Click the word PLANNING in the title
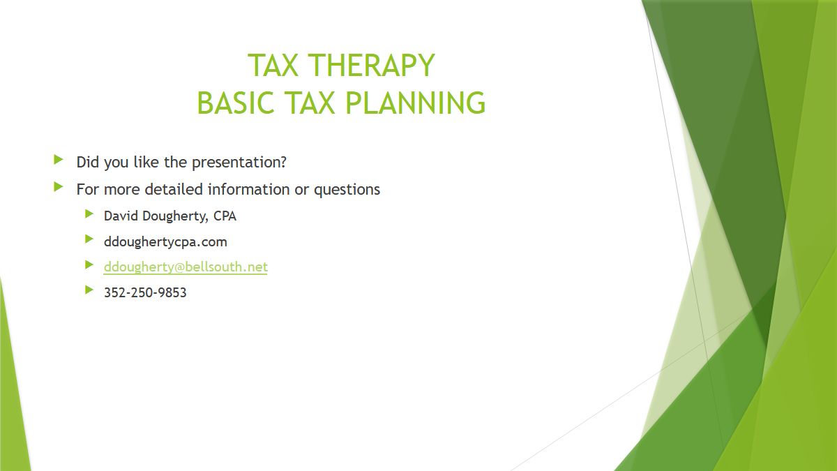415,103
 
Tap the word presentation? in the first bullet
239,163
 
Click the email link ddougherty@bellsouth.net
186,267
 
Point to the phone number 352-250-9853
145,292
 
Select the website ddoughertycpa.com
165,243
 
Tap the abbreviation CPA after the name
225,216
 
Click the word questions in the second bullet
347,190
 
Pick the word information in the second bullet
249,189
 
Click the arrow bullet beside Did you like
59,160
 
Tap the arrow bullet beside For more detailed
59,187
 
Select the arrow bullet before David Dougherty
89,214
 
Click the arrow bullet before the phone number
89,290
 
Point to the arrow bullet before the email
89,264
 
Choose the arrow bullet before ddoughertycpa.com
89,239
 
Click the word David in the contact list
121,216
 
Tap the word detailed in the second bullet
174,189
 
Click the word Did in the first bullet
88,162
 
